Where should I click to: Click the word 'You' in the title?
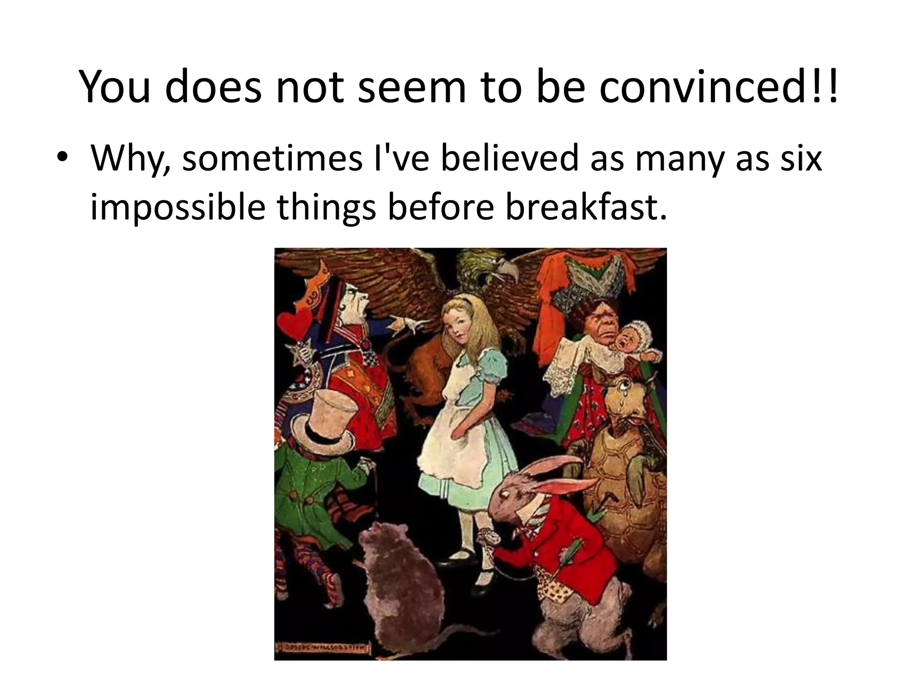[x=114, y=87]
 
